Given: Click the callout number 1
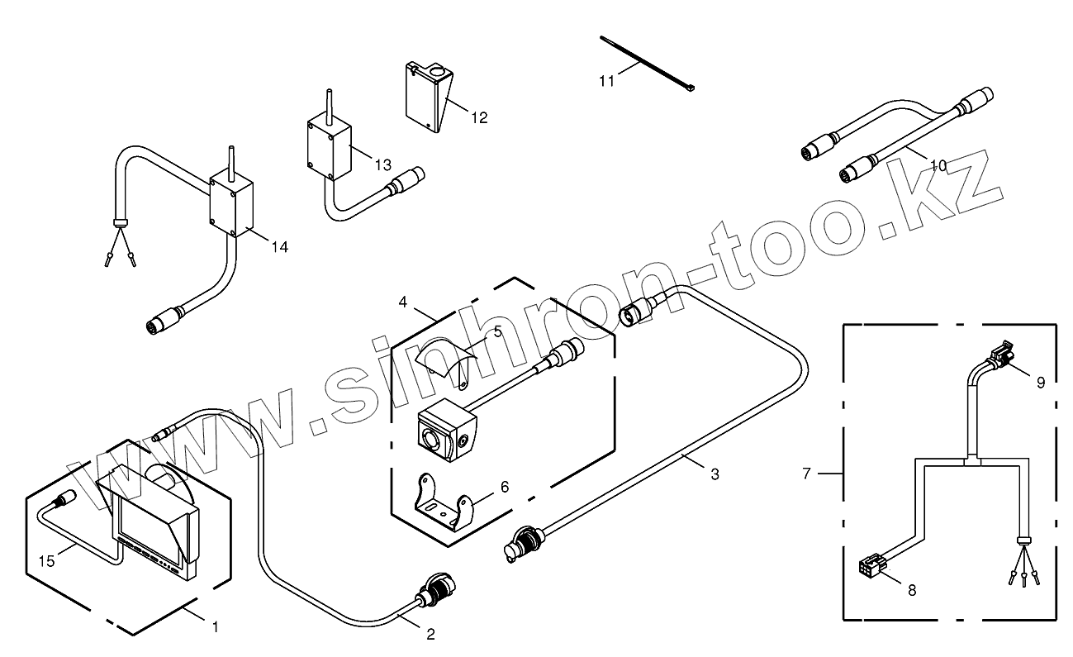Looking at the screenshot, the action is pos(216,627).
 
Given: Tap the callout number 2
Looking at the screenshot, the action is pos(430,635).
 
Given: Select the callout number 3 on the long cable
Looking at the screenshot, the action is pos(715,474).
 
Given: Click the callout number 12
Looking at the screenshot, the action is pos(479,118).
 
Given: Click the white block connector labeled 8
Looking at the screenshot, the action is pos(870,569).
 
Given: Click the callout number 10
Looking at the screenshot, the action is pos(938,165).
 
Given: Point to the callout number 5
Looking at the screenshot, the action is pos(497,331).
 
